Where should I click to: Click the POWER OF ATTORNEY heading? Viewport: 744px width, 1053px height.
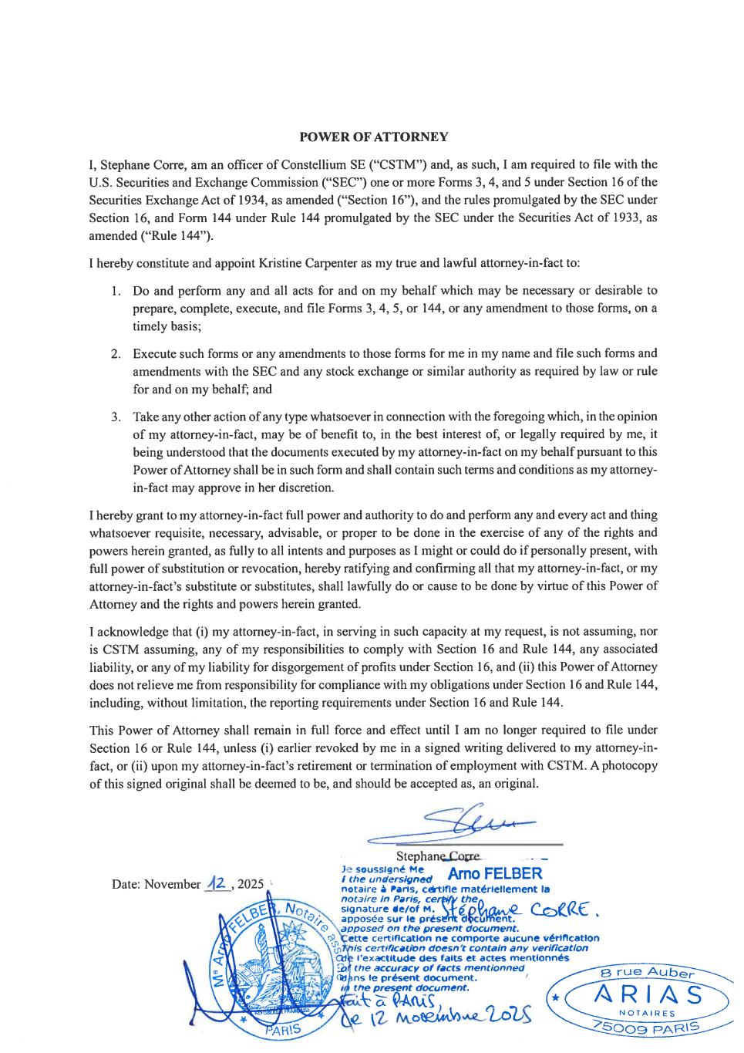pos(373,137)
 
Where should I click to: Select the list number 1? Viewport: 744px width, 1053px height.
pos(116,292)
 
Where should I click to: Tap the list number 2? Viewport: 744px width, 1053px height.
pos(116,354)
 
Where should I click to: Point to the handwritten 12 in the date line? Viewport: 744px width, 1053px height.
pos(217,883)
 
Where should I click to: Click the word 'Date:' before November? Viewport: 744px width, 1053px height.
pos(126,884)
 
